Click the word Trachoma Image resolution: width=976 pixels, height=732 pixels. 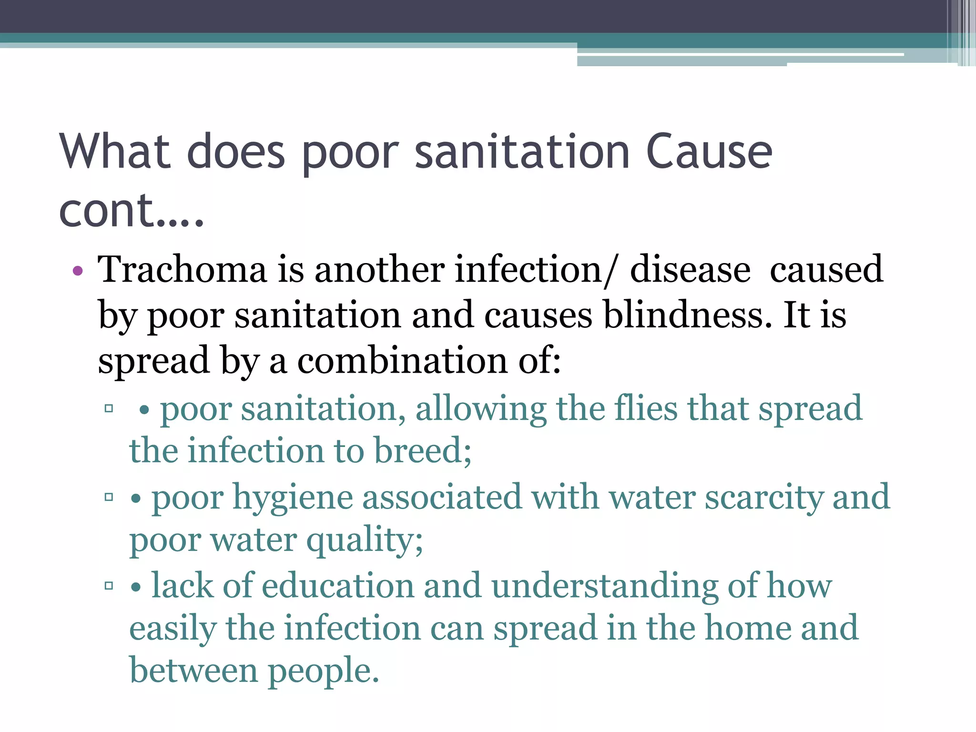click(182, 269)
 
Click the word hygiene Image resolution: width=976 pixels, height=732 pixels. click(292, 498)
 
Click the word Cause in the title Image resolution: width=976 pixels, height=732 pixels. click(709, 152)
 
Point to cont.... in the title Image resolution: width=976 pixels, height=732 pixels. click(131, 210)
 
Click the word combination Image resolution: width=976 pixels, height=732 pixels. click(402, 361)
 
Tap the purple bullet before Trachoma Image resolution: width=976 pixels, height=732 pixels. click(78, 271)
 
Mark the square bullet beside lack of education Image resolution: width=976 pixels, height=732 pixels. click(109, 586)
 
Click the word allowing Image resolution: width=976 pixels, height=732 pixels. click(481, 409)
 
